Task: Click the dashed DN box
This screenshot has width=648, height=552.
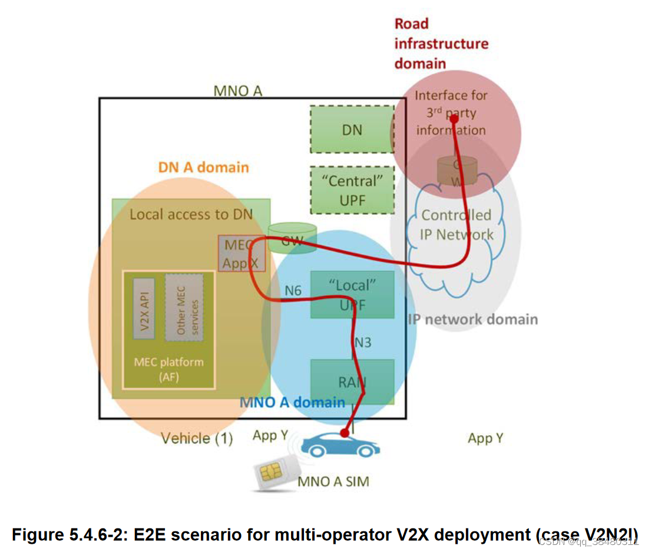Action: tap(352, 129)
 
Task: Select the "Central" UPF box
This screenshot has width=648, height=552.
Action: tap(352, 190)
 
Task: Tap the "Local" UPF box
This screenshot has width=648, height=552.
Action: tap(352, 294)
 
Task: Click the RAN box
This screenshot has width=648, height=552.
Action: tap(352, 382)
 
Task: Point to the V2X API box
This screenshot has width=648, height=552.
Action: tap(144, 308)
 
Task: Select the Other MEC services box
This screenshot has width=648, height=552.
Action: tap(184, 308)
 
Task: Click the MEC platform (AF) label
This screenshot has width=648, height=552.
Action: tap(168, 369)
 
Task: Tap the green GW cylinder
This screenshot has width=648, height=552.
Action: tap(292, 237)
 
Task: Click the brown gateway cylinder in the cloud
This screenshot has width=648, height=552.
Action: tap(456, 172)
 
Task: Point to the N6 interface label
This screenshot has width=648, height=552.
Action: tap(293, 290)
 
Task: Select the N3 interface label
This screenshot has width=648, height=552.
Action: tap(363, 342)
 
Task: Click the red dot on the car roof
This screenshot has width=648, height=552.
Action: tap(343, 432)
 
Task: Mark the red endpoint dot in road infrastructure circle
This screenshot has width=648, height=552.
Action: tap(454, 117)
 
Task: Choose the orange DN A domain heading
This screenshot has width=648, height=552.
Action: tap(204, 167)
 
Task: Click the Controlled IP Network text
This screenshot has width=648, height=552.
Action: tap(457, 225)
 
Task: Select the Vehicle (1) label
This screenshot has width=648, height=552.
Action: tap(197, 438)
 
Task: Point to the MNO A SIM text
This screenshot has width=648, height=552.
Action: tap(333, 481)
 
